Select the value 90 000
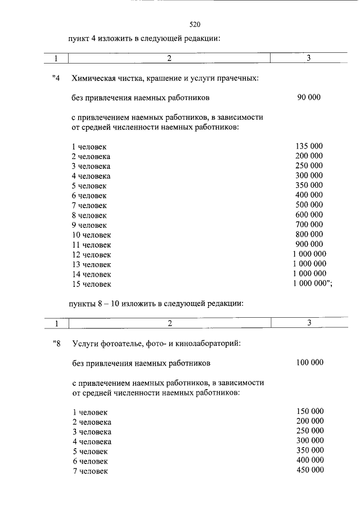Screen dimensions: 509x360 309,97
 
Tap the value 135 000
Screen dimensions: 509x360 309,146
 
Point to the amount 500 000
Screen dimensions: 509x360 309,205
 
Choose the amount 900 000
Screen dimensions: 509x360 309,244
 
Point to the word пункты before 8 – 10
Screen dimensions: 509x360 83,303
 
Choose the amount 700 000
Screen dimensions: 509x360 309,224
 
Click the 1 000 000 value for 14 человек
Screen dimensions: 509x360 309,273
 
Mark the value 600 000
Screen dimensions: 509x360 309,214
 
